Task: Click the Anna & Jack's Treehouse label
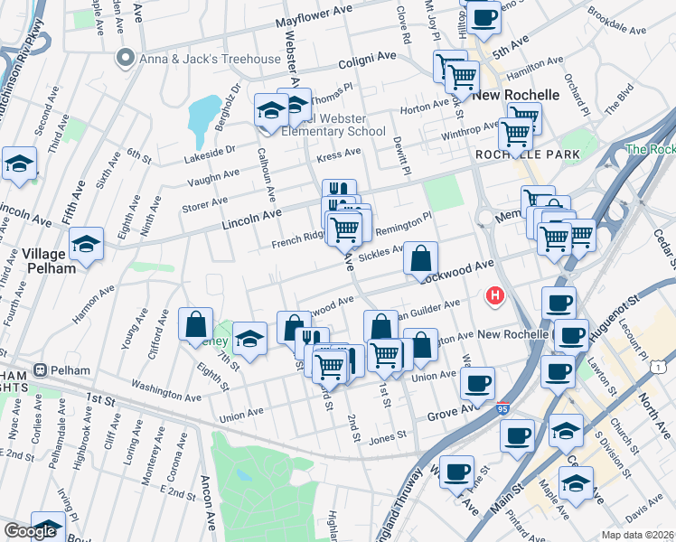point(210,59)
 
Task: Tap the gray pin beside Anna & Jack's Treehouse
point(125,59)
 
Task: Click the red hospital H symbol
point(494,294)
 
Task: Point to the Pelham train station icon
point(40,370)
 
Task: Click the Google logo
point(29,531)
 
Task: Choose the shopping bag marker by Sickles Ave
point(420,258)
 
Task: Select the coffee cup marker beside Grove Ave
point(477,382)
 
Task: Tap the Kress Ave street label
point(339,155)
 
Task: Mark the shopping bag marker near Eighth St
point(196,325)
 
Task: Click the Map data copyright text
point(638,535)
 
